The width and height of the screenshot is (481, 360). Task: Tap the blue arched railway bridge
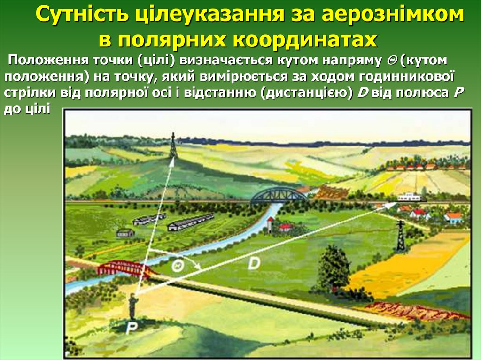pos(279,195)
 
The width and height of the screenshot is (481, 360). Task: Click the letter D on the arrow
pos(254,264)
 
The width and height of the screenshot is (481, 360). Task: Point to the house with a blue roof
pos(453,217)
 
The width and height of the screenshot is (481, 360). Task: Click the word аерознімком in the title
pos(392,16)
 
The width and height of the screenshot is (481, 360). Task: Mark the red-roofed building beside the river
pos(285,228)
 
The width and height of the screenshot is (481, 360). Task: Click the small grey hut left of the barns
pos(125,232)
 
